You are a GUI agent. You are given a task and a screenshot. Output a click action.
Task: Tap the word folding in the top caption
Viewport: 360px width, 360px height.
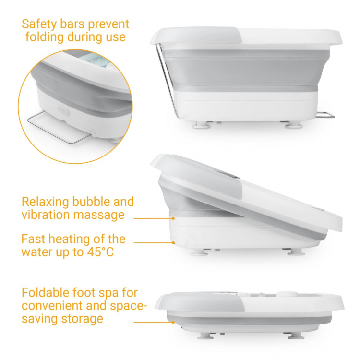(44, 37)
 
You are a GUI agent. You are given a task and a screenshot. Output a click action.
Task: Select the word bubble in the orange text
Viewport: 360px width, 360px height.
(91, 202)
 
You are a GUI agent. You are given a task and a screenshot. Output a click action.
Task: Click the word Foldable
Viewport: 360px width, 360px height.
(45, 292)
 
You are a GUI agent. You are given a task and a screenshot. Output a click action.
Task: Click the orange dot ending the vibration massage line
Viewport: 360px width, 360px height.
(173, 218)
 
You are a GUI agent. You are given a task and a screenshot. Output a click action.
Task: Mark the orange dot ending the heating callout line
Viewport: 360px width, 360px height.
(173, 242)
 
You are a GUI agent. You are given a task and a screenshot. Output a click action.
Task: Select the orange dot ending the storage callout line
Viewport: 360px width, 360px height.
(173, 322)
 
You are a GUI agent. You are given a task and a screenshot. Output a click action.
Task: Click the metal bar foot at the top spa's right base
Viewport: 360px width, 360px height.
(325, 115)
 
